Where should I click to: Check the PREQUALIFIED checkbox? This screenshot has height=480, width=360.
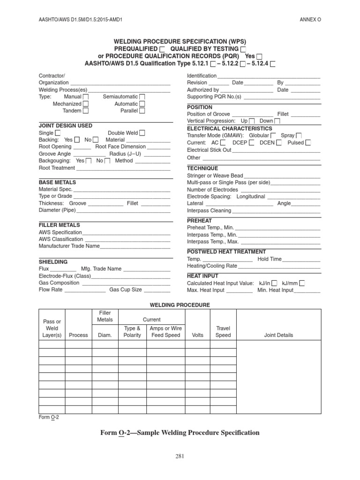click(162, 49)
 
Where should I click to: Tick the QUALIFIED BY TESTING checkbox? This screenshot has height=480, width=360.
click(243, 49)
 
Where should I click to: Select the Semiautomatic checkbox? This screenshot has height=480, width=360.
click(142, 97)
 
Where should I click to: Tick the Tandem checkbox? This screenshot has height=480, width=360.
click(86, 111)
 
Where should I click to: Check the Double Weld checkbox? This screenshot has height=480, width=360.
click(142, 133)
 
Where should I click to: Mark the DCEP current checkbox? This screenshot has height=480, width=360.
click(252, 143)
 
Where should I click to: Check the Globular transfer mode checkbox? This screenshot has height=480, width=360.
click(273, 135)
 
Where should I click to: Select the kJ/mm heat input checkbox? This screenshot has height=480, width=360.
click(302, 283)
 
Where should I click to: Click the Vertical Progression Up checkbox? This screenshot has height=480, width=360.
click(252, 121)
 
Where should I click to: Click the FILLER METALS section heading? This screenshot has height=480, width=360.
click(59, 225)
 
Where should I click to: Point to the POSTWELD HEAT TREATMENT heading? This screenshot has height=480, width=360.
click(226, 252)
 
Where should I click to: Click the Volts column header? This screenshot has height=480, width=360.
click(198, 336)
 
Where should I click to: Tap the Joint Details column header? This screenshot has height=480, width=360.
click(278, 336)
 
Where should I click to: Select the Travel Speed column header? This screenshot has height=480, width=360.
click(223, 332)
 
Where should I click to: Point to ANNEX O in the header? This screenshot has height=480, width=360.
click(311, 19)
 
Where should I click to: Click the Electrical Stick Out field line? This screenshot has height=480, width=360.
click(276, 150)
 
